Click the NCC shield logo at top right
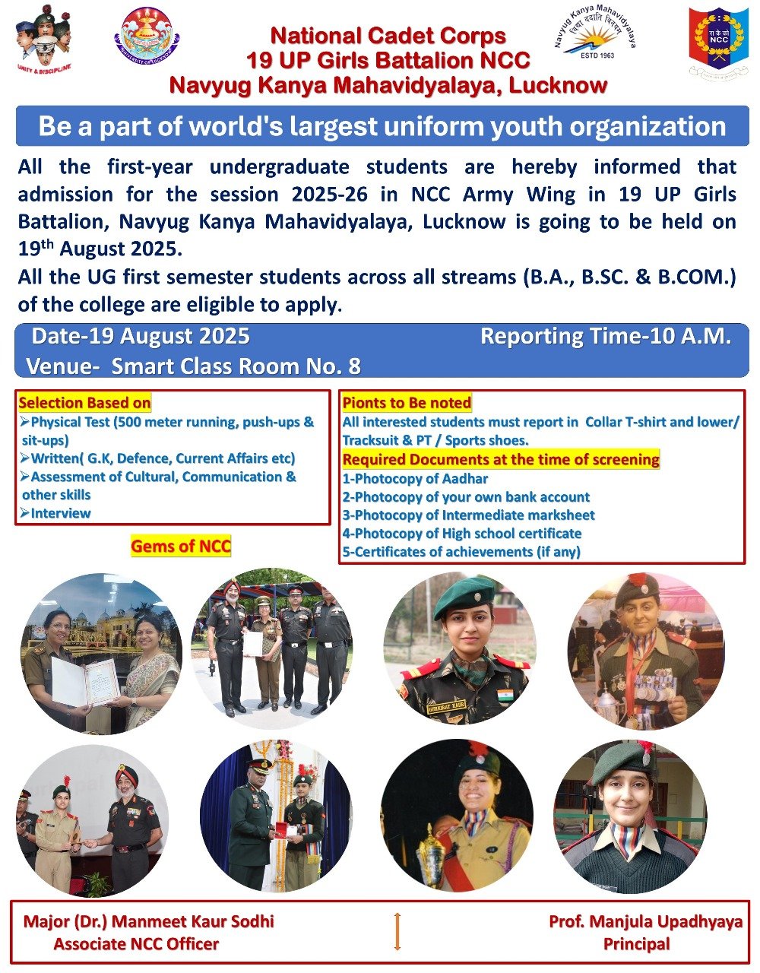click(x=718, y=43)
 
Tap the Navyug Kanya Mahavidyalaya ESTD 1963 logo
click(x=596, y=39)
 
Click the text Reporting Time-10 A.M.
click(x=606, y=336)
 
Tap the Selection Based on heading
click(x=84, y=403)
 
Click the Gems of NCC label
click(x=181, y=546)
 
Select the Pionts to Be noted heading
click(x=407, y=403)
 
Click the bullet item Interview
click(x=60, y=513)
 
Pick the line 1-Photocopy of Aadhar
click(x=415, y=479)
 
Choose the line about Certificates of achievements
click(x=461, y=552)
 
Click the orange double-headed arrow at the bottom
click(x=397, y=931)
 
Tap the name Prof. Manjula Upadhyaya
click(x=645, y=922)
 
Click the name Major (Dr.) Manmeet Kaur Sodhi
click(x=149, y=922)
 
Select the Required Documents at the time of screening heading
click(x=501, y=460)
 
